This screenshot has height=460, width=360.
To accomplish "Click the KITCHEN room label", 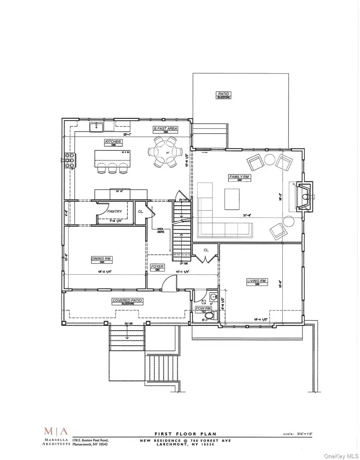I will pyautogui.click(x=113, y=142).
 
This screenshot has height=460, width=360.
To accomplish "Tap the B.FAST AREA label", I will pyautogui.click(x=165, y=129).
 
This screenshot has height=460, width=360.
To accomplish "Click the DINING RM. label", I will pyautogui.click(x=102, y=259).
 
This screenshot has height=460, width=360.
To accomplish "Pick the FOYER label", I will pyautogui.click(x=157, y=266).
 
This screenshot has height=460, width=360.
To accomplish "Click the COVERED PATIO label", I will pyautogui.click(x=127, y=300).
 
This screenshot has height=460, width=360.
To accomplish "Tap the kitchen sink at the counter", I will pyautogui.click(x=96, y=128).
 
